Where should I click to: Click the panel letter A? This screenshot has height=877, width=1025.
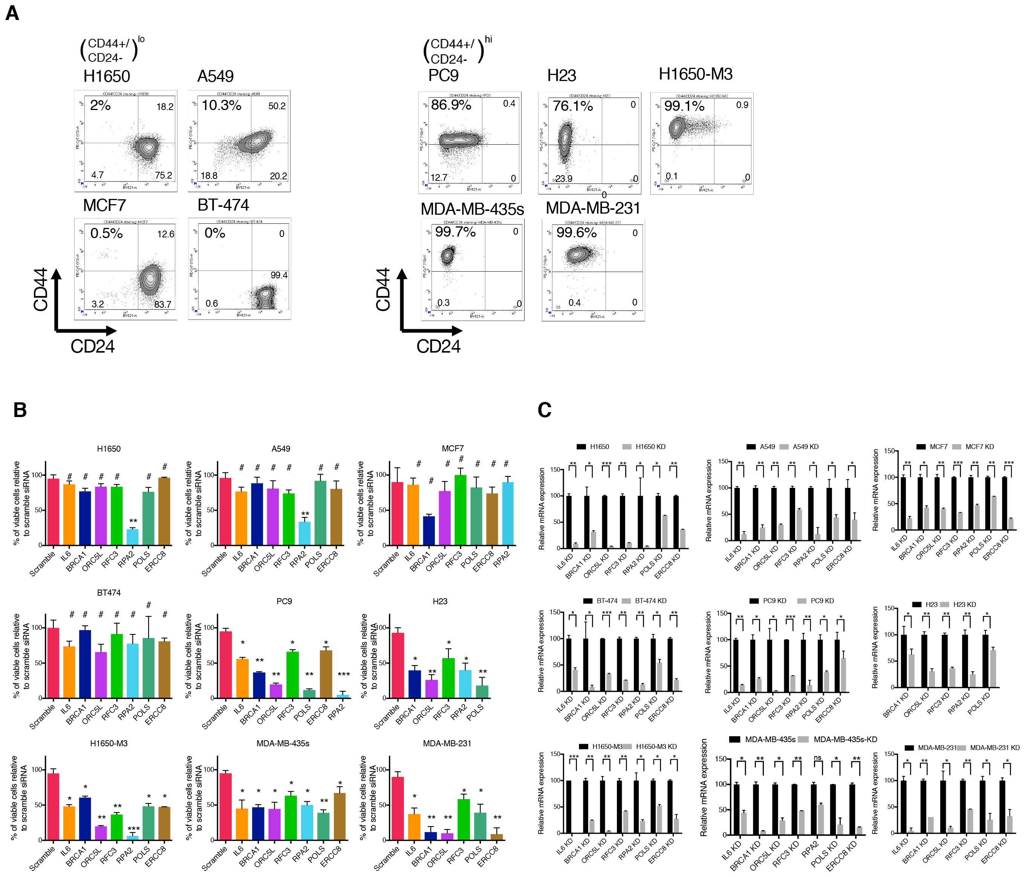(12, 13)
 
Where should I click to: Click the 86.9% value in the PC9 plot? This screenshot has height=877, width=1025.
(451, 105)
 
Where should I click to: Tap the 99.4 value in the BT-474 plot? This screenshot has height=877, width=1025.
(278, 275)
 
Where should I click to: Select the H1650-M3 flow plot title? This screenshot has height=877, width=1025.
(695, 74)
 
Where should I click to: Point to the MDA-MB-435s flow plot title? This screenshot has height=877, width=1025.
(472, 209)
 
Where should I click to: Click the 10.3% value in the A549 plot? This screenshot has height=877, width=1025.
(221, 105)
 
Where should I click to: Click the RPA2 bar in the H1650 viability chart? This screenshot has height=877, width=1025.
(133, 537)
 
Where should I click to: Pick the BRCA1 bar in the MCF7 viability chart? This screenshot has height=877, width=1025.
(428, 530)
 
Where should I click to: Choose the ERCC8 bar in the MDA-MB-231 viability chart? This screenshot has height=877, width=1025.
(496, 837)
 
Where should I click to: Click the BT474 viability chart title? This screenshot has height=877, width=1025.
(109, 593)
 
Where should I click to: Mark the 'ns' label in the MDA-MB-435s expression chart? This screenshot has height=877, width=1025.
(817, 758)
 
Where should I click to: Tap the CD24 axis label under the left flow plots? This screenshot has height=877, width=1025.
(92, 346)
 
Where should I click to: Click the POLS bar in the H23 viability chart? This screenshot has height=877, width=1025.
(482, 692)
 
